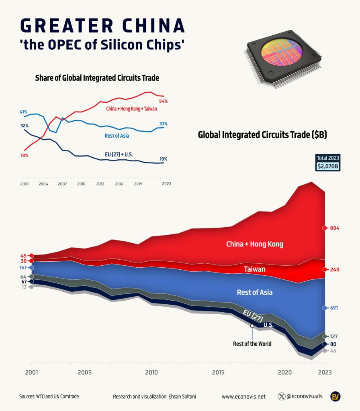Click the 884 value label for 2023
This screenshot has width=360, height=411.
335,228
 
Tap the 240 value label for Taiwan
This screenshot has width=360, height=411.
335,269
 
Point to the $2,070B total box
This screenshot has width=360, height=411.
327,166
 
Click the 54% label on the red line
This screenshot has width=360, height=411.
164,101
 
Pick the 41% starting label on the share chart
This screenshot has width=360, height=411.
23,112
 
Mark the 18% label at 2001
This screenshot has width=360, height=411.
24,155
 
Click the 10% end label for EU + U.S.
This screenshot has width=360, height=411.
164,159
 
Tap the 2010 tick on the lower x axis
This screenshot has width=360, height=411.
151,372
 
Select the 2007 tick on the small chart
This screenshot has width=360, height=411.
62,184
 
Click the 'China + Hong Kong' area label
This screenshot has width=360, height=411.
254,244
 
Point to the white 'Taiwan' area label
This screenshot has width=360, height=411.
254,269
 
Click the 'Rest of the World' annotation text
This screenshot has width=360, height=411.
252,344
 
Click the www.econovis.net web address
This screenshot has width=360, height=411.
243,397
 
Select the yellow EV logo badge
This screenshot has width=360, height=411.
335,397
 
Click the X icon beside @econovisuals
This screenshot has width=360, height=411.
282,397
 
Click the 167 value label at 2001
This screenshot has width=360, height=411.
22,268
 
